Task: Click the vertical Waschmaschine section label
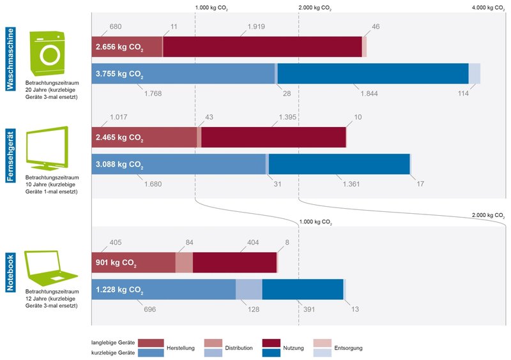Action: (10, 59)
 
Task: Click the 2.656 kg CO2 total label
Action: (119, 47)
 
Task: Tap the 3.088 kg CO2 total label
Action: (119, 165)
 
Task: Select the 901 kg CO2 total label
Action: (115, 262)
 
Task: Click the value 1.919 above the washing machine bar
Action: (256, 27)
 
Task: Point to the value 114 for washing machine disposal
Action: (463, 94)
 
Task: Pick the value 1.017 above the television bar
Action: (119, 117)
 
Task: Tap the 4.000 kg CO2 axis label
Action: (487, 8)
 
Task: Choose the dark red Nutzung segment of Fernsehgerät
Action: (273, 137)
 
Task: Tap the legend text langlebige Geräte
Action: (112, 343)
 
